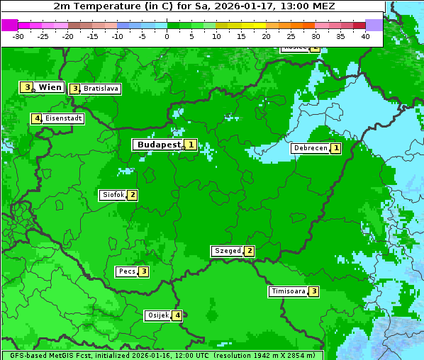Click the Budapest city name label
click(159, 145)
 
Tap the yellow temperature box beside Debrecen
click(336, 149)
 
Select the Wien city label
click(50, 87)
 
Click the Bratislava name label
click(100, 89)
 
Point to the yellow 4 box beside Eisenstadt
click(36, 118)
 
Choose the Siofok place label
click(113, 195)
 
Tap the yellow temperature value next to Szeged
click(249, 251)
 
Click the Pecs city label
click(128, 271)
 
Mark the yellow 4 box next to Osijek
click(178, 315)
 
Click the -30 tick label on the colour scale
click(18, 36)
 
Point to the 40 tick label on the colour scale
click(365, 36)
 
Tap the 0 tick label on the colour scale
click(167, 36)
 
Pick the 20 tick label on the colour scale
click(266, 36)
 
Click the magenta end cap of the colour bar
click(9, 25)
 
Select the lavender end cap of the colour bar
click(374, 25)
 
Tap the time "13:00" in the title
click(291, 6)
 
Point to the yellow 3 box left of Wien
click(27, 87)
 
